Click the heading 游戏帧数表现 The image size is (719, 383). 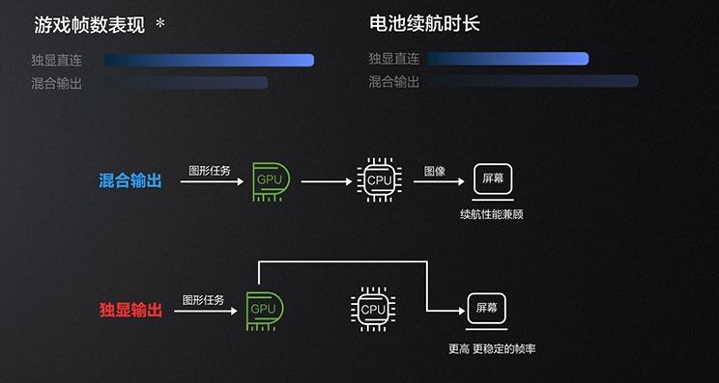[x=89, y=25]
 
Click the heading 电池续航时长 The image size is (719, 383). [x=424, y=25]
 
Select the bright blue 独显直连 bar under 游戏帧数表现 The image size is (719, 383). [x=209, y=61]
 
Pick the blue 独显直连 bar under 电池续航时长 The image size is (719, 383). [x=507, y=59]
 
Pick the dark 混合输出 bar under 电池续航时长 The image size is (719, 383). [x=532, y=82]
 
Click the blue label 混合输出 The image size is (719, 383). [x=130, y=180]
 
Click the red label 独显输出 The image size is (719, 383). [x=130, y=310]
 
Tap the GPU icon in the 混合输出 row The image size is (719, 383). [x=270, y=180]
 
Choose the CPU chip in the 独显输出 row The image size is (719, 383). [x=372, y=310]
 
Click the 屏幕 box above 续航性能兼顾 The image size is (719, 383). [x=493, y=180]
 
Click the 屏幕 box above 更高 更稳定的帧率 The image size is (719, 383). [x=487, y=310]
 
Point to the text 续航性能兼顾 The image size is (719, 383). [x=492, y=214]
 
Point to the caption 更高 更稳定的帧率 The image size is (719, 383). [x=488, y=348]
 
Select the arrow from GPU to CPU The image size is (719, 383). [x=327, y=180]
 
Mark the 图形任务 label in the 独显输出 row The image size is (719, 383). [x=203, y=300]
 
